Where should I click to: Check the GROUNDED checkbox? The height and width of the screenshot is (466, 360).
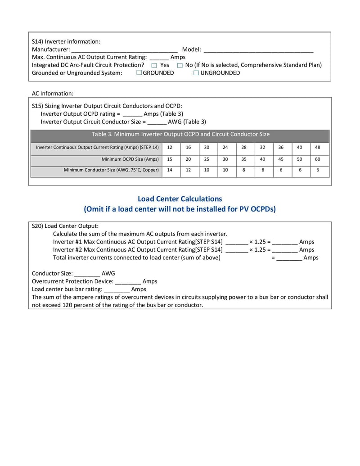(x=139, y=73)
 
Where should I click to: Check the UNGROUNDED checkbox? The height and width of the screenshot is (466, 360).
(x=196, y=73)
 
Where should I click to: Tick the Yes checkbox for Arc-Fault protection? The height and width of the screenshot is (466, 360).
(x=154, y=65)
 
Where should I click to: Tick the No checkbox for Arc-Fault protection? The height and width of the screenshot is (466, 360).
(x=180, y=65)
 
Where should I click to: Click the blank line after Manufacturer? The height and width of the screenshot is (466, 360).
(x=124, y=50)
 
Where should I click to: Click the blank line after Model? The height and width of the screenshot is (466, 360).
(x=258, y=50)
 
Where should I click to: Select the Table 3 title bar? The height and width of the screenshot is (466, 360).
(x=180, y=134)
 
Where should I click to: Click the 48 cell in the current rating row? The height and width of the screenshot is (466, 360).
(x=318, y=147)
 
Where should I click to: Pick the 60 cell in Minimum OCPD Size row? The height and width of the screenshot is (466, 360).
(x=318, y=159)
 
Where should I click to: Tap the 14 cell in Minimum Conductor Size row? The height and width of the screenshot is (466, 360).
(x=169, y=170)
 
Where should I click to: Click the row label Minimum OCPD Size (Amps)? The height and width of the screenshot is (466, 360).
(x=130, y=159)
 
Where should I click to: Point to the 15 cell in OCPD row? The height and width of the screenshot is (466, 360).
(x=169, y=159)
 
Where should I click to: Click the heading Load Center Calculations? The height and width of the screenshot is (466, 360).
(x=180, y=199)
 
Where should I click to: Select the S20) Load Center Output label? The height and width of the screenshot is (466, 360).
(x=65, y=226)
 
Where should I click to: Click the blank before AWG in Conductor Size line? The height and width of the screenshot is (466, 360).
(x=87, y=273)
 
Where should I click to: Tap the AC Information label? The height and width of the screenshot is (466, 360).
(x=52, y=93)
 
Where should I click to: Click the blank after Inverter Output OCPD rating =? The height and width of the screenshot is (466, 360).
(x=132, y=114)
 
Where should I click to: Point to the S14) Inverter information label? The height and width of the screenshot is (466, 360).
(x=66, y=41)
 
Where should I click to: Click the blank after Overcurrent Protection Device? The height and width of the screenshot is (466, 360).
(x=128, y=281)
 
